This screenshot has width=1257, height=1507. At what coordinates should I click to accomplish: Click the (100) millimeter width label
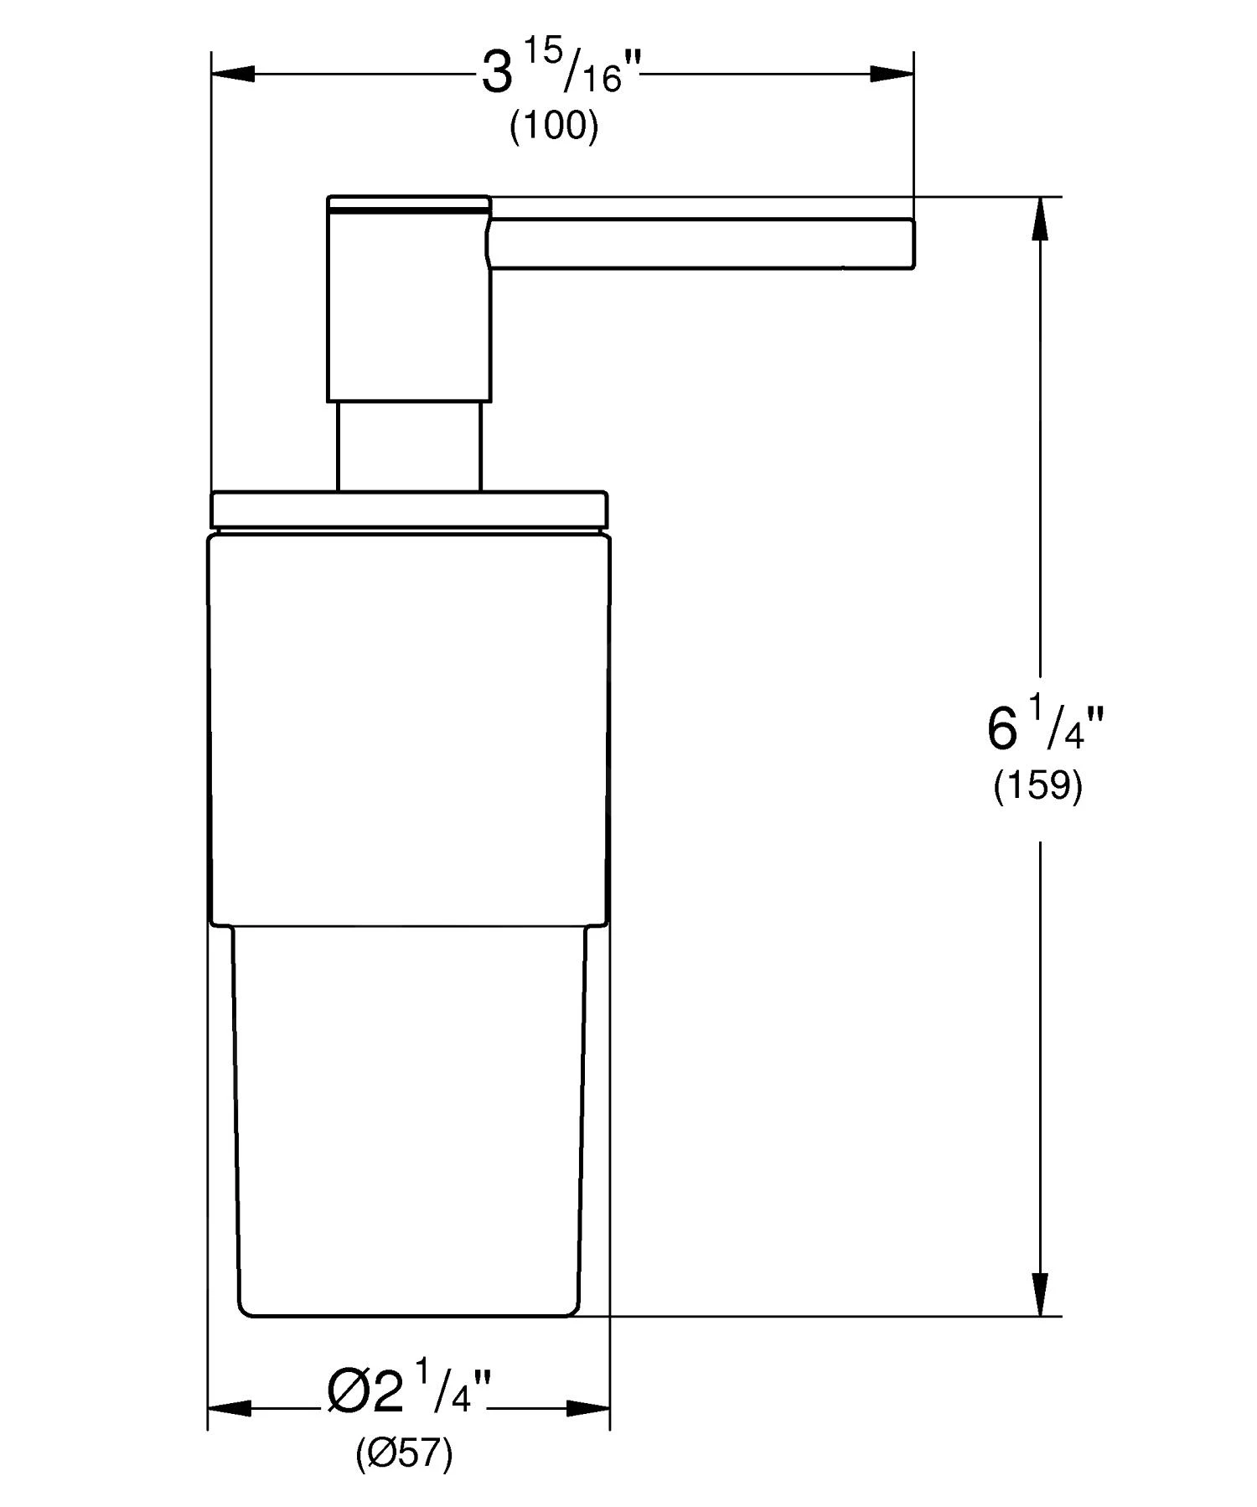pos(554,127)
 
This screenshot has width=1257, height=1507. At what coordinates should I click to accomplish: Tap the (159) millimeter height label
pos(1037,786)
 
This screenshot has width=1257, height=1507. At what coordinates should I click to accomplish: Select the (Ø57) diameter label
pos(404,1454)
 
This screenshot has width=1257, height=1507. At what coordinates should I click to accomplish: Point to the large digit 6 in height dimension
pos(1001,728)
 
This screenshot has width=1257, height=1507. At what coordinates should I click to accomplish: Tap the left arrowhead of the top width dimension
pos(233,74)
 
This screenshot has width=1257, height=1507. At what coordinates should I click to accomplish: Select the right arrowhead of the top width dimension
pos(892,74)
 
